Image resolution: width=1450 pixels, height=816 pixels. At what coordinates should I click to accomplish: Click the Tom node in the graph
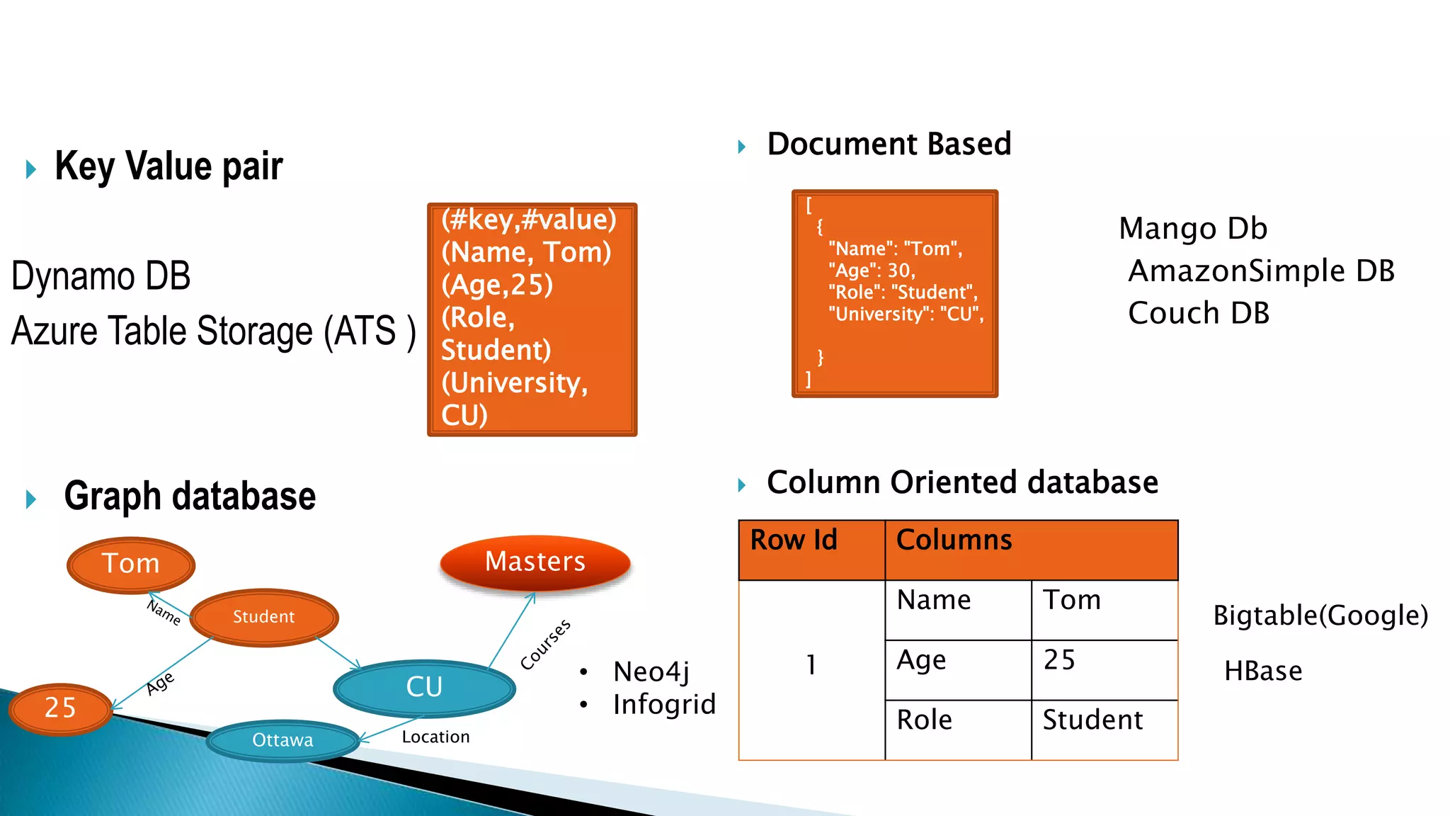pos(131,564)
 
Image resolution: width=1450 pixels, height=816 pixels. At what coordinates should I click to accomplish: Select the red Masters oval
pos(535,562)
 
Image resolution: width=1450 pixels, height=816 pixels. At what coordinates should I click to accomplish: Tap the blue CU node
pos(424,687)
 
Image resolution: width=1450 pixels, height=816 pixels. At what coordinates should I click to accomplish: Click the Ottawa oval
pos(282,740)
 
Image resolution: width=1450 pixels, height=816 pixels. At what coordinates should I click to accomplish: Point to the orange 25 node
pos(60,708)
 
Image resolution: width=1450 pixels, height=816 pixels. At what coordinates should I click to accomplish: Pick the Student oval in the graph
pos(263,617)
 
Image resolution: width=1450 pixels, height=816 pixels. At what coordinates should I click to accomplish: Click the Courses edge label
pos(545,645)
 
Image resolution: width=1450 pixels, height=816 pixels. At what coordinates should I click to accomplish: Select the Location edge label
pos(435,737)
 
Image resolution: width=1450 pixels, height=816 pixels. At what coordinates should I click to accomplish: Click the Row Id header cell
pos(811,550)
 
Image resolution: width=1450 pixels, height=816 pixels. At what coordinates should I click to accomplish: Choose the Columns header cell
pos(1031,550)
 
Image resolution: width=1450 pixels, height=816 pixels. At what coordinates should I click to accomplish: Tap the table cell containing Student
pos(1104,730)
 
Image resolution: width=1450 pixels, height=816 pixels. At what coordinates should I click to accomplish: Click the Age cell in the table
pos(957,669)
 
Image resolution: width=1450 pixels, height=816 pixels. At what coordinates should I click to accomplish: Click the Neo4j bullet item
pos(651,671)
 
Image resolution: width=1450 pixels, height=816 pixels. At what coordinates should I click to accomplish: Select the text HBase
pos(1263,671)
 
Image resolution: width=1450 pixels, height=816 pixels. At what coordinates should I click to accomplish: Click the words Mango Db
pos(1193,229)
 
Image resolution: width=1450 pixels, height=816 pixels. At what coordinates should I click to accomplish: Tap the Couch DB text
pos(1199,313)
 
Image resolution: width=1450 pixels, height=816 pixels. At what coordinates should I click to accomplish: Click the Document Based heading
pos(889,144)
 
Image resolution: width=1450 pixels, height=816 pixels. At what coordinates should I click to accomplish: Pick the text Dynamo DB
pos(101,276)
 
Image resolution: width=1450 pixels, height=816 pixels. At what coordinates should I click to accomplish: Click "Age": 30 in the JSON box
pos(872,271)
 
